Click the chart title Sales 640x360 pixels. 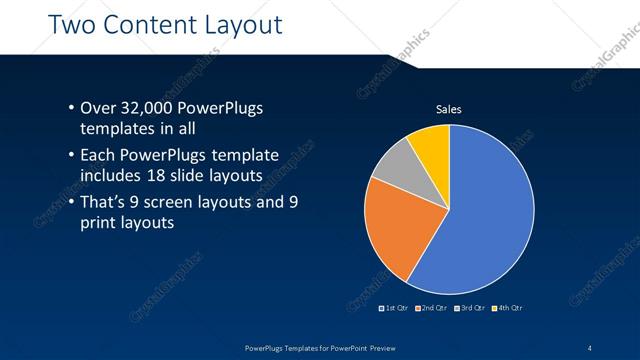click(447, 109)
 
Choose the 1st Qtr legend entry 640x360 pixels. click(395, 308)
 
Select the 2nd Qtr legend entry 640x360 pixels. click(432, 308)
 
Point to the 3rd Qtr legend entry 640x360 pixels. click(470, 308)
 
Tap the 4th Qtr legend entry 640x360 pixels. click(507, 308)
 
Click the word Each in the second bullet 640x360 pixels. click(98, 156)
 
